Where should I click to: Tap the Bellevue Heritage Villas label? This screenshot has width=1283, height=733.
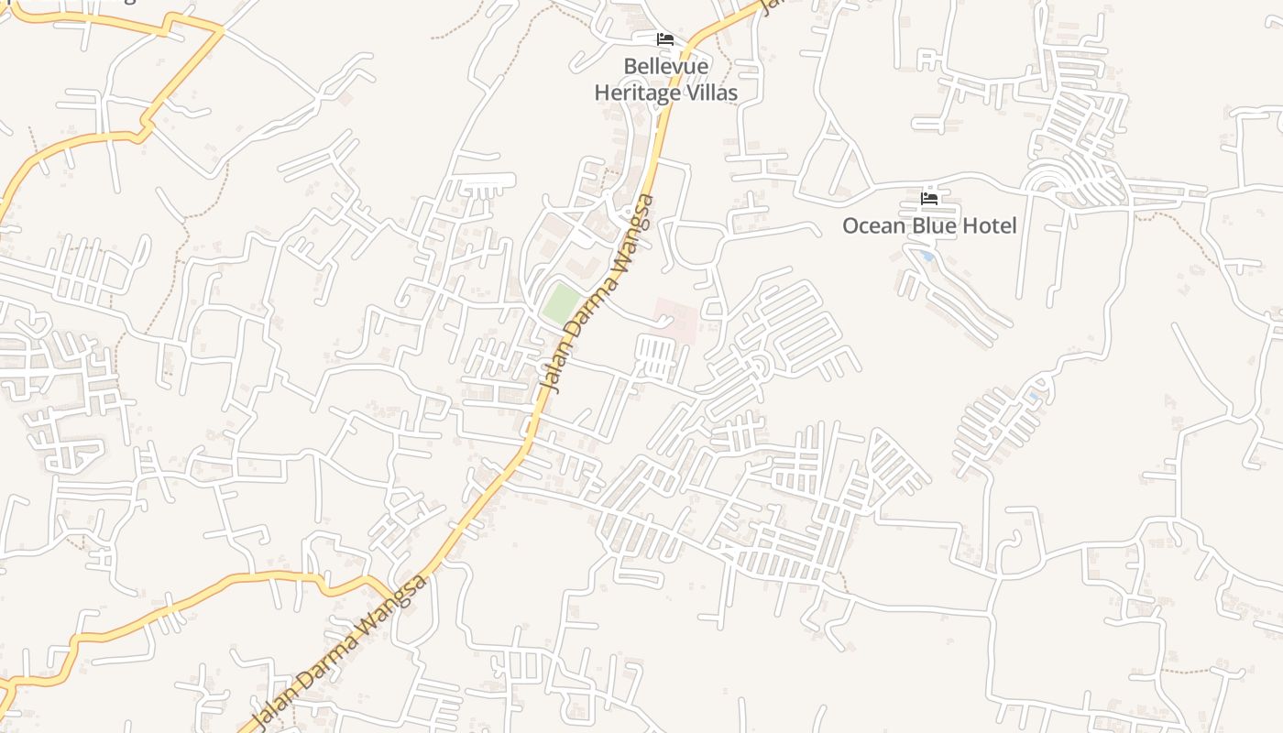[x=665, y=80]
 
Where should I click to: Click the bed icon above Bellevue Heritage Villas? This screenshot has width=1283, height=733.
[x=665, y=39]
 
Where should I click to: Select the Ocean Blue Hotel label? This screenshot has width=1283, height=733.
[x=929, y=225]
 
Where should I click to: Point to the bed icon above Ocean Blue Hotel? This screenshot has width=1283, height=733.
[x=929, y=198]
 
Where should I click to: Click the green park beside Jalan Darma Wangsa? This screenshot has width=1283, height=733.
[x=561, y=303]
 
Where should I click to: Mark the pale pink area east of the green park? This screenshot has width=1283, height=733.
[x=676, y=319]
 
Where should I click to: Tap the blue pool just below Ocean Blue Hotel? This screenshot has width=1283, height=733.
[x=927, y=257]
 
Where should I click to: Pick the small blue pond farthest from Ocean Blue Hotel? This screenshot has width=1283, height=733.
[x=1034, y=397]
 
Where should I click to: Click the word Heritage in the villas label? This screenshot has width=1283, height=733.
[x=638, y=93]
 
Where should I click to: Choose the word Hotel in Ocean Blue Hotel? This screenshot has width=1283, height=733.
[x=988, y=225]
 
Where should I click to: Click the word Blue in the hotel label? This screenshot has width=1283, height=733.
[x=935, y=225]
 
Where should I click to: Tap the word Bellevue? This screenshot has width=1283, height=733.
[x=665, y=67]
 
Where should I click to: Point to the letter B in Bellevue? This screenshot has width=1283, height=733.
[x=630, y=67]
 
